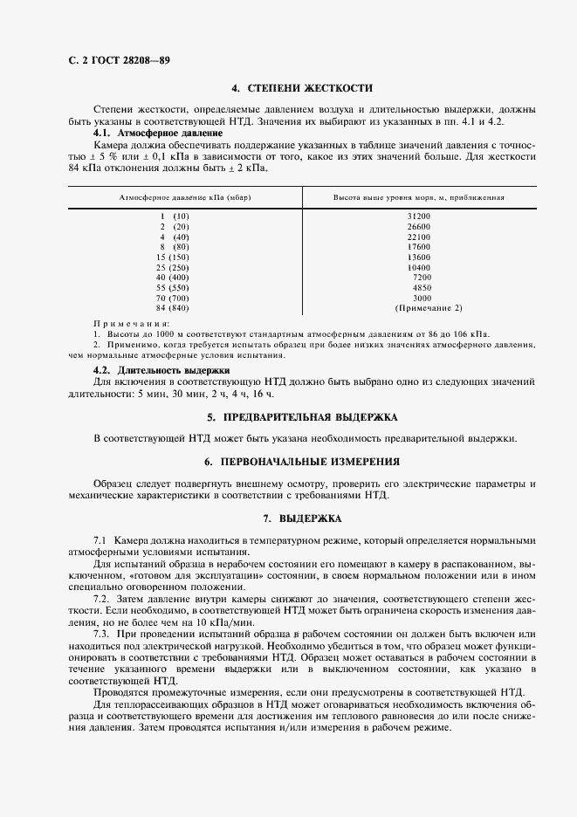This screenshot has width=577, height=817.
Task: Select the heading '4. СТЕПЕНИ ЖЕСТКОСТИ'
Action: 301,88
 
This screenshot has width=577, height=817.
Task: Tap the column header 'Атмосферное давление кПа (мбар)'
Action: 185,197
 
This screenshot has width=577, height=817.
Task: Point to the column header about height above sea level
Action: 418,197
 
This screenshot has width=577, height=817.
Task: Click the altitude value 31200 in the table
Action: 418,215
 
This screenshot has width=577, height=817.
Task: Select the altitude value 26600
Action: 418,225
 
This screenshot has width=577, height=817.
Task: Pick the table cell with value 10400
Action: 418,266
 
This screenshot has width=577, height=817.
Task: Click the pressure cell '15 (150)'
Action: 173,257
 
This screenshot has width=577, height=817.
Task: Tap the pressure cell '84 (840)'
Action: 173,307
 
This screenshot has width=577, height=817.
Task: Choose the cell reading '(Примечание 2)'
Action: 429,307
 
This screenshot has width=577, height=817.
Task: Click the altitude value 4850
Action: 422,287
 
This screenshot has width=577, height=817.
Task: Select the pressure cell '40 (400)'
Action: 173,277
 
